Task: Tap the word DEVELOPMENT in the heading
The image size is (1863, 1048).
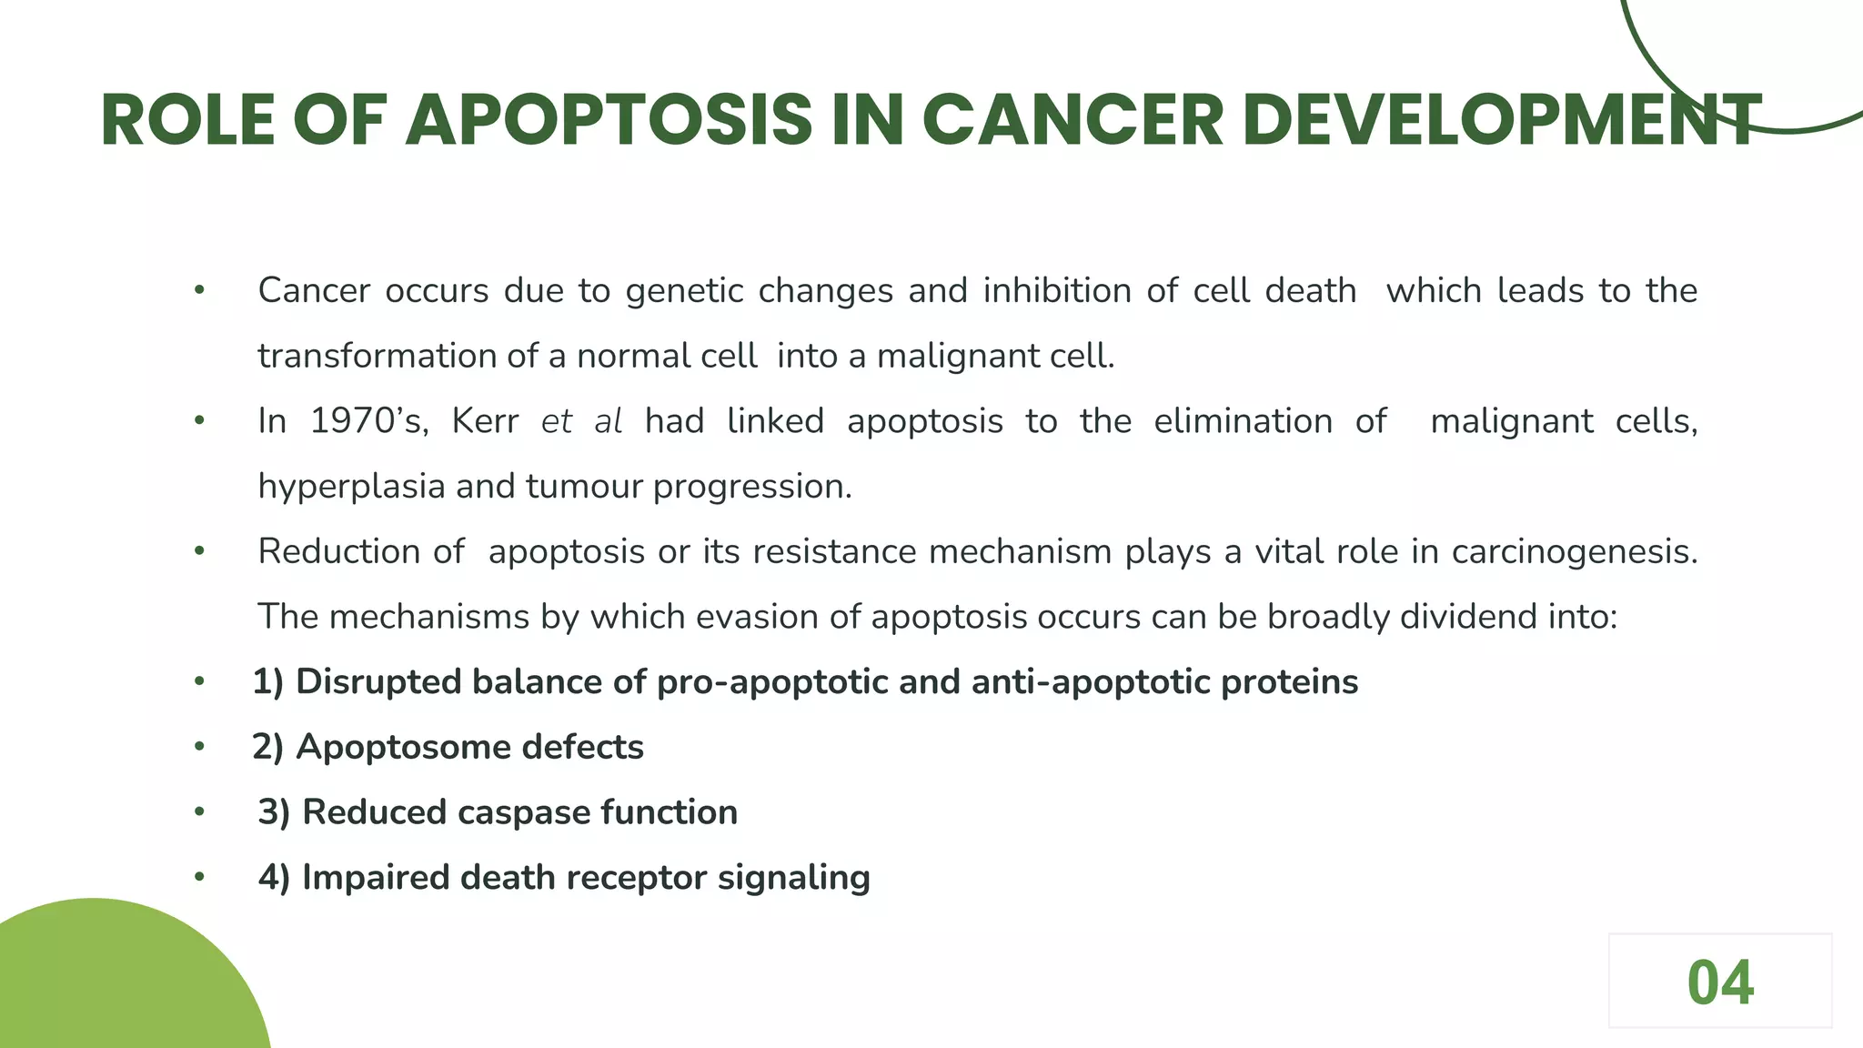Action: click(x=1501, y=121)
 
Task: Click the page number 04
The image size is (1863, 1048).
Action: click(x=1719, y=983)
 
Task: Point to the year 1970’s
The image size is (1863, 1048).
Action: click(x=368, y=421)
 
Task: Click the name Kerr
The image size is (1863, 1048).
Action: click(x=485, y=421)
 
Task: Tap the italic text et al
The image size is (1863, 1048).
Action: click(x=581, y=421)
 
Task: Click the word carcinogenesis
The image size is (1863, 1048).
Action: click(x=1574, y=552)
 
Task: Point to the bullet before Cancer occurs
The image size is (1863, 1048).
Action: click(x=199, y=291)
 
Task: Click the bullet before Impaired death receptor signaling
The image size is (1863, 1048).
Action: click(x=199, y=878)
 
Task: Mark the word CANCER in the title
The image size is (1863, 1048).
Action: click(x=1072, y=121)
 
